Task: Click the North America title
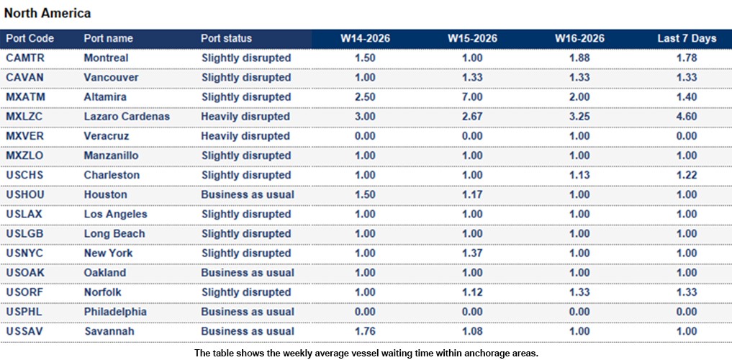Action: coord(48,14)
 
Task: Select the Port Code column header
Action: coord(30,38)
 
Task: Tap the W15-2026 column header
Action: coord(472,38)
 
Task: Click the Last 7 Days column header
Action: coord(687,38)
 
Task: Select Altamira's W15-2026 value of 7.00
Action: coord(472,97)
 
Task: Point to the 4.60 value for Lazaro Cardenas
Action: coord(687,117)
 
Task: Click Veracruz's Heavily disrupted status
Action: coord(245,136)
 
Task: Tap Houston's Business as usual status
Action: coord(248,194)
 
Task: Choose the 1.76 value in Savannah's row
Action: coord(365,331)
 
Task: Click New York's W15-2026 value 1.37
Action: coord(472,253)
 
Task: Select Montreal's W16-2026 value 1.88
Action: coord(579,58)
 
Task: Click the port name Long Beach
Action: coord(114,233)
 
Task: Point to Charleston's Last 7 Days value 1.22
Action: coord(687,175)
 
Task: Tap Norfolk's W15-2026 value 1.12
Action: coord(472,292)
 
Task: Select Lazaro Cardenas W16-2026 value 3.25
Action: coord(579,117)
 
